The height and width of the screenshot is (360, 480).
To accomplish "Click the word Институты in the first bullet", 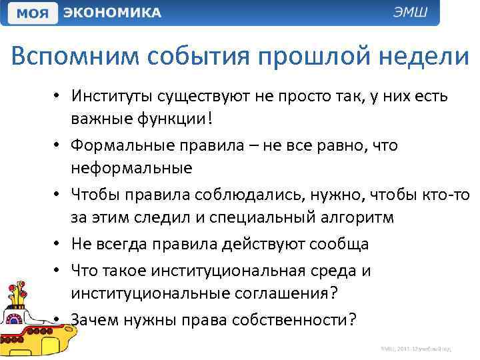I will pyautogui.click(x=113, y=97).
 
